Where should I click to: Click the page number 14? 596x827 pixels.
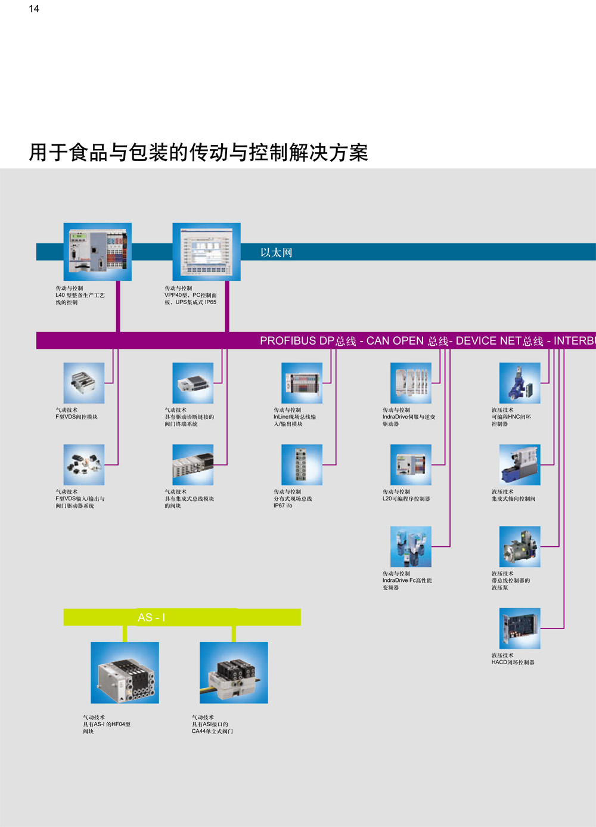click(34, 9)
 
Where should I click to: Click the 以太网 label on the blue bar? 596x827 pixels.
click(276, 252)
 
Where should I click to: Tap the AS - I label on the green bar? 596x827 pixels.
click(151, 617)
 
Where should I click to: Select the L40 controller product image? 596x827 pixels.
click(98, 252)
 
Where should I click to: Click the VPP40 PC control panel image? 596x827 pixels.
click(206, 252)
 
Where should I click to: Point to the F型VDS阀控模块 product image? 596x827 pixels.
click(84, 383)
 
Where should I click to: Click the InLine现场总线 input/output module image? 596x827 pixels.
click(302, 383)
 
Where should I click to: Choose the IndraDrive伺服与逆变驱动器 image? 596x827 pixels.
click(411, 383)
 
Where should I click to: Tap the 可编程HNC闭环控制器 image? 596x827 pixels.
click(520, 383)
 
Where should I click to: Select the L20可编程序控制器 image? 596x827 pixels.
click(411, 464)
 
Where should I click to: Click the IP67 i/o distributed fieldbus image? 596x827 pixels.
click(302, 464)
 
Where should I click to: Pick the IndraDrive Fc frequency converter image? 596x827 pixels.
click(411, 546)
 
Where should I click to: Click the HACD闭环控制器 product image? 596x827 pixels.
click(520, 628)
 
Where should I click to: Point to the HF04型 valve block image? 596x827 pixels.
click(125, 673)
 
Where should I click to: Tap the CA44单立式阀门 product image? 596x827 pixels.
click(234, 673)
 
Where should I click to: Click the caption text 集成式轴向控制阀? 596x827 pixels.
click(513, 499)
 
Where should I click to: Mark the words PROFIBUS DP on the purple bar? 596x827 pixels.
click(297, 340)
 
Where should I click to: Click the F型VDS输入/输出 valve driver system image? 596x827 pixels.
click(84, 464)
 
